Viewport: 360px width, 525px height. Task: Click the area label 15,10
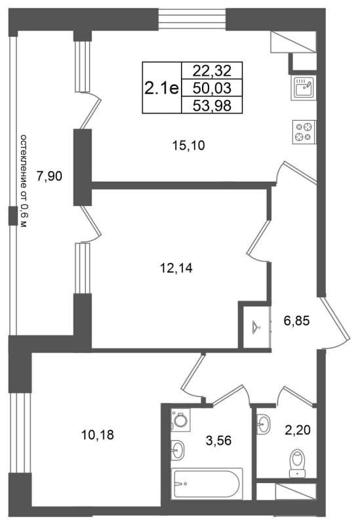pyautogui.click(x=188, y=146)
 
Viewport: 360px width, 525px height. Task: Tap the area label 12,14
pyautogui.click(x=176, y=268)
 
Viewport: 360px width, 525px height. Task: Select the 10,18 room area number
pyautogui.click(x=98, y=435)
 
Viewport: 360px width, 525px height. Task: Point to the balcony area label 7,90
pyautogui.click(x=50, y=176)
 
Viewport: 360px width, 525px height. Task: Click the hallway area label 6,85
pyautogui.click(x=297, y=321)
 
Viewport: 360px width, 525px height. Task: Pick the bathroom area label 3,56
pyautogui.click(x=218, y=440)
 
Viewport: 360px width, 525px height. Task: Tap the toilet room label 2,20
pyautogui.click(x=298, y=430)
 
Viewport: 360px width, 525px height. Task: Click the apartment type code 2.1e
pyautogui.click(x=161, y=89)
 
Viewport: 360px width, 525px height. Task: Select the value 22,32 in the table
pyautogui.click(x=212, y=71)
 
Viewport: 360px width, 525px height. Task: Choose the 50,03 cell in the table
pyautogui.click(x=212, y=88)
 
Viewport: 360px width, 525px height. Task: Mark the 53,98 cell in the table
pyautogui.click(x=212, y=106)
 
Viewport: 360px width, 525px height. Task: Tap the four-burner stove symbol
pyautogui.click(x=304, y=132)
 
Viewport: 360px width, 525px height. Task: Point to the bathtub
pyautogui.click(x=207, y=484)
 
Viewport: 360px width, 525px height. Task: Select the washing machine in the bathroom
pyautogui.click(x=180, y=419)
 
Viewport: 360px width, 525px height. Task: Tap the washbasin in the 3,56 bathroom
pyautogui.click(x=178, y=450)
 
